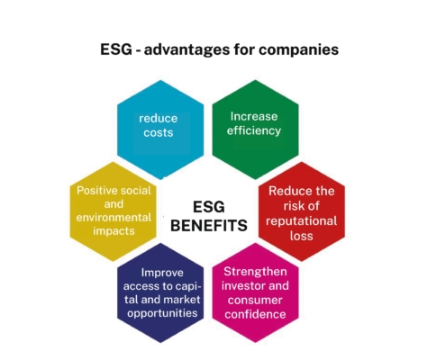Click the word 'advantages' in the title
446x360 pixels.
[187, 49]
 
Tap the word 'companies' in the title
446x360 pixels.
[299, 49]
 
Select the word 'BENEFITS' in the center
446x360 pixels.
[209, 225]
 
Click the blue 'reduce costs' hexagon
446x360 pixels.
[160, 130]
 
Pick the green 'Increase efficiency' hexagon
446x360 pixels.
[255, 130]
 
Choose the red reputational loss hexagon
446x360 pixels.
[302, 211]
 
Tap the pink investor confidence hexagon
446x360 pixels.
[255, 292]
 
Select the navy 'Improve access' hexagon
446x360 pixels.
[160, 292]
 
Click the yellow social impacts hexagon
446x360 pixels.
[114, 211]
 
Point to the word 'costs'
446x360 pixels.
[159, 132]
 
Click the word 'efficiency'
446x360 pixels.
[254, 130]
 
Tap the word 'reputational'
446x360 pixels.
[301, 221]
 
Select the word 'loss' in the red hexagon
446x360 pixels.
[302, 236]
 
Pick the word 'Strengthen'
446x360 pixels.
[255, 272]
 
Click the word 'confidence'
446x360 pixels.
[255, 314]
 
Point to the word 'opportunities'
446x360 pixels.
[162, 313]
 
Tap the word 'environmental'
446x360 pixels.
[114, 217]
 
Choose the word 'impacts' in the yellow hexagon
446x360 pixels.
[114, 231]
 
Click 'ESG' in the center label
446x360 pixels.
[209, 207]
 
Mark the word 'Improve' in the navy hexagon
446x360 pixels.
[162, 273]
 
